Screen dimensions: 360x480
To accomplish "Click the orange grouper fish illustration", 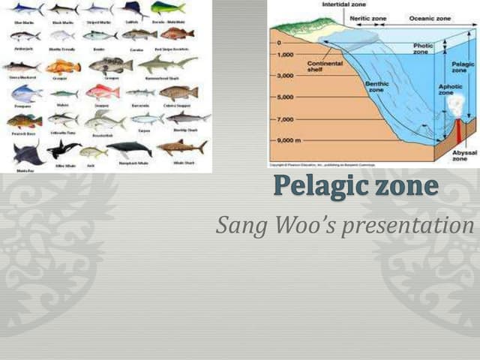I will pyautogui.click(x=63, y=67).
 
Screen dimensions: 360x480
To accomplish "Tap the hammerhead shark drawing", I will pyautogui.click(x=167, y=63).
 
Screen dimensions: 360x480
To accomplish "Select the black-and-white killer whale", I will pyautogui.click(x=63, y=149).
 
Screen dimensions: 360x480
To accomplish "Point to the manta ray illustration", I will pyautogui.click(x=26, y=152).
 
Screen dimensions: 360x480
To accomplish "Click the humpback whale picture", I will pyautogui.click(x=128, y=148).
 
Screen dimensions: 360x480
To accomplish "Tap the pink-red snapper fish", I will pyautogui.click(x=102, y=92).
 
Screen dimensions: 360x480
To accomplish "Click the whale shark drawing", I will pyautogui.click(x=181, y=147).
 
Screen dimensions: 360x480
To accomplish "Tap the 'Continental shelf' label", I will pyautogui.click(x=325, y=66).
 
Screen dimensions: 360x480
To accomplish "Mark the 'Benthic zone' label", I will pyautogui.click(x=376, y=87).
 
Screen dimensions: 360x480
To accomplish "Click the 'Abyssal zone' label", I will pyautogui.click(x=460, y=155).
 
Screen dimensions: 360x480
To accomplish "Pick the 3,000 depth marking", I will pyautogui.click(x=286, y=76).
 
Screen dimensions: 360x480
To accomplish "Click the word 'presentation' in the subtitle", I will pyautogui.click(x=409, y=225).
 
